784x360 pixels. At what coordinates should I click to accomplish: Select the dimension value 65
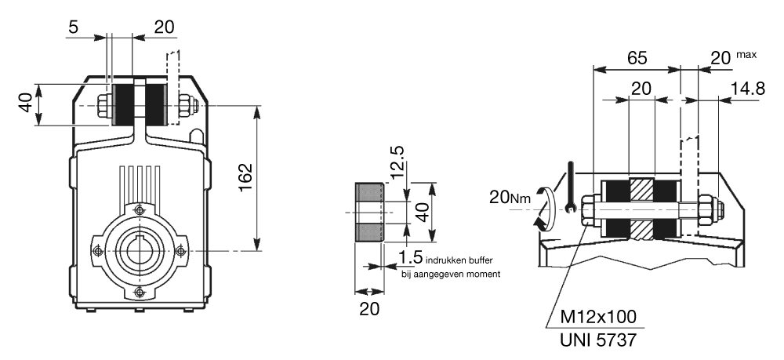pos(637,57)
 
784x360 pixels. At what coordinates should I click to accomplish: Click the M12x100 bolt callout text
pos(600,318)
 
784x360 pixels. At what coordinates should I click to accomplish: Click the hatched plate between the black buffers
pos(642,209)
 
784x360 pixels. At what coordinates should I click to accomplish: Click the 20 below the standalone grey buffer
pos(369,308)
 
